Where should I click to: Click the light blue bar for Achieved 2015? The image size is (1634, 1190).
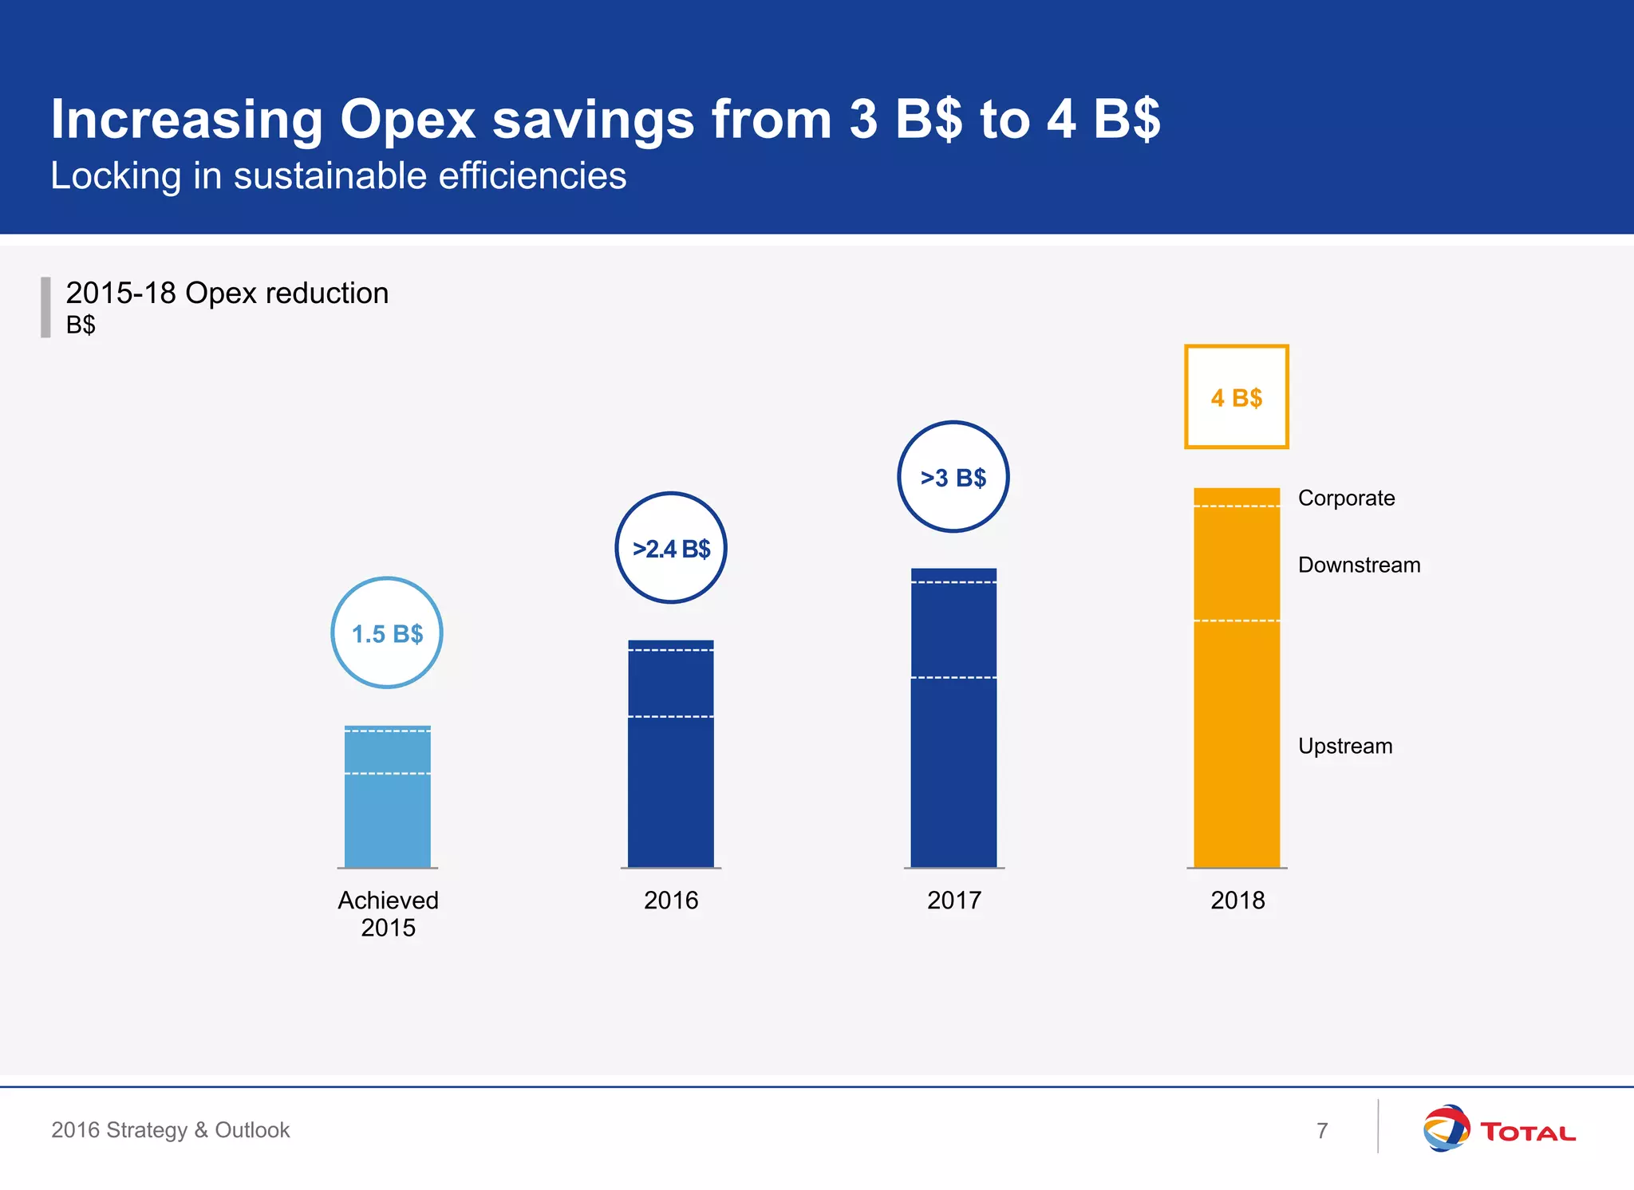(x=387, y=798)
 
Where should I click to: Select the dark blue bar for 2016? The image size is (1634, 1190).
(x=670, y=754)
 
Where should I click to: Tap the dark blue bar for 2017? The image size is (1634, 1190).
(x=953, y=718)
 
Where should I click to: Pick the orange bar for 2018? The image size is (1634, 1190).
(x=1237, y=678)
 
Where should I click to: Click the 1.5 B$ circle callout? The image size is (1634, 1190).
(x=387, y=633)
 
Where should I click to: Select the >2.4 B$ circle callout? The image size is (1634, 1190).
(x=671, y=548)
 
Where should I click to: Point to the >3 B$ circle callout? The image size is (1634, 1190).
(x=953, y=477)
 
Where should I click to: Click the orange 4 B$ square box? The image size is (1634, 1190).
(x=1237, y=397)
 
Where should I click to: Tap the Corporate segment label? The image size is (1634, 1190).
(x=1346, y=498)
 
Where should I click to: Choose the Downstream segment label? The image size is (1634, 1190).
(x=1359, y=565)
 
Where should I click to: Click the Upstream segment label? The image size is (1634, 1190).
(x=1345, y=747)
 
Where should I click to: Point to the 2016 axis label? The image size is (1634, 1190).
(x=671, y=900)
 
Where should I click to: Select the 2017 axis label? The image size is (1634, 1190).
(x=953, y=900)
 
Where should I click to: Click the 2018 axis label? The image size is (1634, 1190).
(x=1237, y=900)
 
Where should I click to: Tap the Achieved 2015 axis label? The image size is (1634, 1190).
(x=388, y=914)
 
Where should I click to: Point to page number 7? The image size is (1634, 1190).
(x=1322, y=1131)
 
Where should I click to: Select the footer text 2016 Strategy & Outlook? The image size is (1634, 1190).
(x=171, y=1130)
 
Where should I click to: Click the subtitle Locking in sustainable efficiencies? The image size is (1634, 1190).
(x=338, y=176)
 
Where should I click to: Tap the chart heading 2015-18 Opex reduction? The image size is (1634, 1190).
(x=227, y=294)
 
